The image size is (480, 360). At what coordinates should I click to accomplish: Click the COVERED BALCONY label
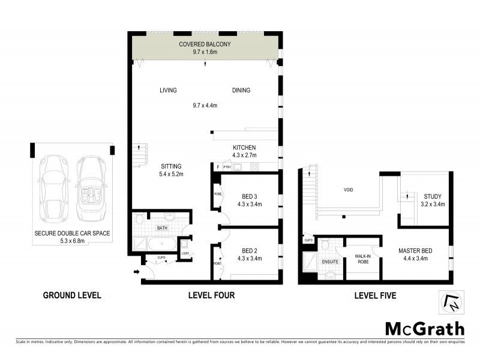[205, 44]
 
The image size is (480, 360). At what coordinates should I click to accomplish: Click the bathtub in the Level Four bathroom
[160, 244]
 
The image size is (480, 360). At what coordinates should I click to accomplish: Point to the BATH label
[162, 229]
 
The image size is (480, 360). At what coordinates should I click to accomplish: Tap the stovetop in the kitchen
[254, 167]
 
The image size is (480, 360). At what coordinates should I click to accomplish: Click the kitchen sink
[237, 167]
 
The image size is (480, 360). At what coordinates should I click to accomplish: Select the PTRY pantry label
[227, 167]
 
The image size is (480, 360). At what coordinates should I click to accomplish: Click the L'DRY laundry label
[186, 253]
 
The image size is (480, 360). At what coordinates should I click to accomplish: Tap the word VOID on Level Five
[348, 190]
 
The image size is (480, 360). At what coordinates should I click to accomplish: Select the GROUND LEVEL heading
[72, 295]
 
